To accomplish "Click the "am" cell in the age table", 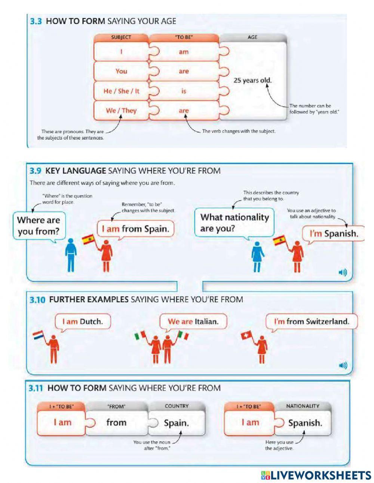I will point(184,52).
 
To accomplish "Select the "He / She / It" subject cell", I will point(121,91).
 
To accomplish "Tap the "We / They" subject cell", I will point(121,110).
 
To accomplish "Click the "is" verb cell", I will point(184,91).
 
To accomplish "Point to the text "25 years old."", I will point(252,80).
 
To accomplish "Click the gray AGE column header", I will point(252,37).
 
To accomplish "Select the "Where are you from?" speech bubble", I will point(38,225).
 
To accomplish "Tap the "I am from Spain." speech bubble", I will point(136,229).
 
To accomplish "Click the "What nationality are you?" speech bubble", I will point(234,222).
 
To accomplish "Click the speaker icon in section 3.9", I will point(343,273).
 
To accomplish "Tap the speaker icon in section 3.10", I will point(343,365).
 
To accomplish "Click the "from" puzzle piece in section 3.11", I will point(116,422).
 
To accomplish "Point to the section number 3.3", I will point(36,21).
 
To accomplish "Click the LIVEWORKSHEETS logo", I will point(316,475).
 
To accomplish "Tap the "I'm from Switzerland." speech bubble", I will point(311,321).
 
